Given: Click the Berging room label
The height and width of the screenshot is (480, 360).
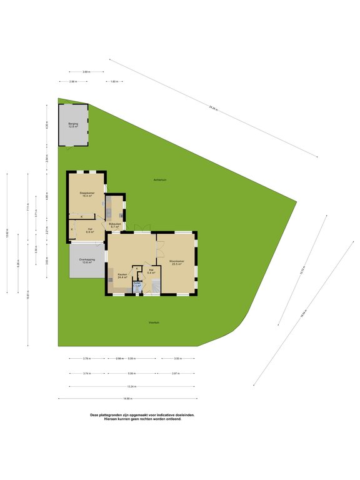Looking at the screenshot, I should point(73,125).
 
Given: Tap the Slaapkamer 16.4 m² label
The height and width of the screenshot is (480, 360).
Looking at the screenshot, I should point(87,194).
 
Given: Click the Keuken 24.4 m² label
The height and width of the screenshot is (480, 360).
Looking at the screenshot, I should point(122,275).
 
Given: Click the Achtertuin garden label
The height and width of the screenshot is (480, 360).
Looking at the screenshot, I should point(160,180).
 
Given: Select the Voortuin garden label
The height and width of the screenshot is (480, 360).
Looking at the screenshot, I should point(154,322).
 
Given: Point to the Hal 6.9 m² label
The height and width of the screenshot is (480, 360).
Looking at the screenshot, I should point(89,231).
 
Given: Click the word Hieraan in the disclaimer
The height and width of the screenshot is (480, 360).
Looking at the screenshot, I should point(102,419).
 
